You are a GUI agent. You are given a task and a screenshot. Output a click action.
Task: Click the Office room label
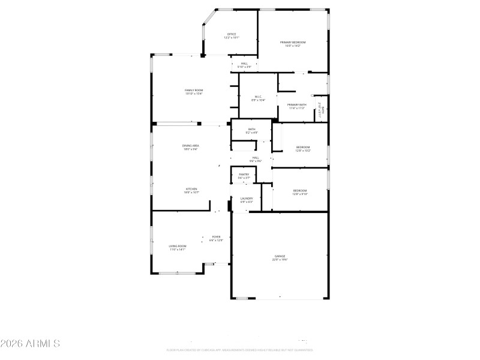(231, 36)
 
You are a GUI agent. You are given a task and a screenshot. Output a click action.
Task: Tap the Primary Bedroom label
(293, 44)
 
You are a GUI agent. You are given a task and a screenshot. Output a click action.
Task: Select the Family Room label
(194, 92)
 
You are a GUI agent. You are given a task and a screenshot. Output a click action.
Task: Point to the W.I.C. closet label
(258, 98)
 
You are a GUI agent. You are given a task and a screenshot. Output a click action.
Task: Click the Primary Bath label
(297, 106)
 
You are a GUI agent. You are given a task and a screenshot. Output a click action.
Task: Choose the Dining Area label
(191, 147)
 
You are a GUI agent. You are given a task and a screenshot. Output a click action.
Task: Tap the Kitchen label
(191, 190)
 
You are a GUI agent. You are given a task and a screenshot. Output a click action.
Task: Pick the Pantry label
(244, 176)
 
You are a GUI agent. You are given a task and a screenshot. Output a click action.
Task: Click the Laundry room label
(247, 200)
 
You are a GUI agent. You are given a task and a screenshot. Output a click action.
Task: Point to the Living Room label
(177, 247)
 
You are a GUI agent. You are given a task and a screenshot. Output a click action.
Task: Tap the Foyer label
(216, 238)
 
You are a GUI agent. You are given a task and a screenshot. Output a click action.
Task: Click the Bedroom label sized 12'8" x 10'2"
(302, 149)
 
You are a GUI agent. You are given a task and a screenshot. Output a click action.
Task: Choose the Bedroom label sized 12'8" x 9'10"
(299, 192)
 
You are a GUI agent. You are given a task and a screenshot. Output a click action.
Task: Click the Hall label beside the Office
(244, 65)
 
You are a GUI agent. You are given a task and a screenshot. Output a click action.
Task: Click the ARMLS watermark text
(30, 344)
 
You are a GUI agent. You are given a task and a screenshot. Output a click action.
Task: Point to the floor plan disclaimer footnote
(240, 350)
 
